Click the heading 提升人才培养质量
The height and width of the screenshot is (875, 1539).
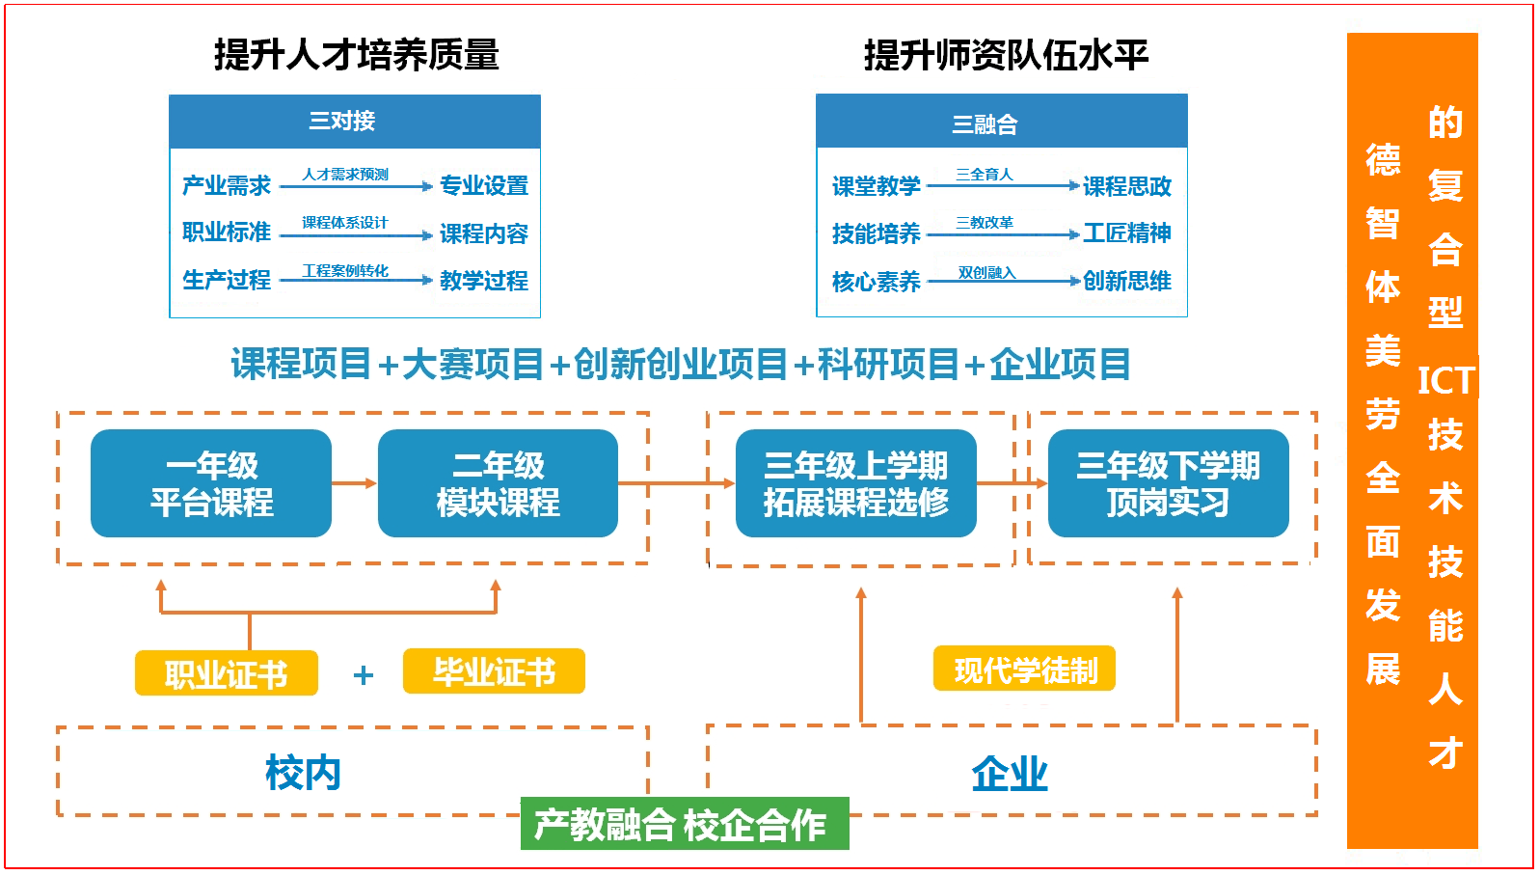coord(357,55)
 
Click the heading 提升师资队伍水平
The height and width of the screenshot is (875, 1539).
coord(1006,55)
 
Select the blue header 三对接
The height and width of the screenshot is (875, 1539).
coord(355,122)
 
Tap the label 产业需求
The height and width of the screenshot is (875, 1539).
coord(227,185)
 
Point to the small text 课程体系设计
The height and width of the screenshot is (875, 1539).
coord(345,223)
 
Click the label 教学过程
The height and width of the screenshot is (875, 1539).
coord(484,281)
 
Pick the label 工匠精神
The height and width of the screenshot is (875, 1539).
coord(1126,233)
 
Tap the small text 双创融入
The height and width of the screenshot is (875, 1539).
coord(986,273)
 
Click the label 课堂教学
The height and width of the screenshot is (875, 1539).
coord(876,185)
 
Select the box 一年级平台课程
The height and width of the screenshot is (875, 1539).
coord(211,483)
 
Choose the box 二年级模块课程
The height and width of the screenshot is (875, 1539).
coord(499,483)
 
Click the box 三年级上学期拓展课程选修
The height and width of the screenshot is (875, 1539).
coord(856,483)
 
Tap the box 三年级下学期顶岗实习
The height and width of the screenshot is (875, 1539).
coord(1168,483)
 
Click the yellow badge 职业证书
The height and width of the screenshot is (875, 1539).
coord(226,673)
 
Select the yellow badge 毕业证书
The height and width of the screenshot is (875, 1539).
coord(494,670)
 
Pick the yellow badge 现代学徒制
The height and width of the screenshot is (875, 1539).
coord(1024,669)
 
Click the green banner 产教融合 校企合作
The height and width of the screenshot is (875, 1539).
coord(685,824)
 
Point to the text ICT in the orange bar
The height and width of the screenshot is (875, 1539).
coord(1446,380)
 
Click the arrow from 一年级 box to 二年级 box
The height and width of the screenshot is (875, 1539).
coord(355,483)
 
